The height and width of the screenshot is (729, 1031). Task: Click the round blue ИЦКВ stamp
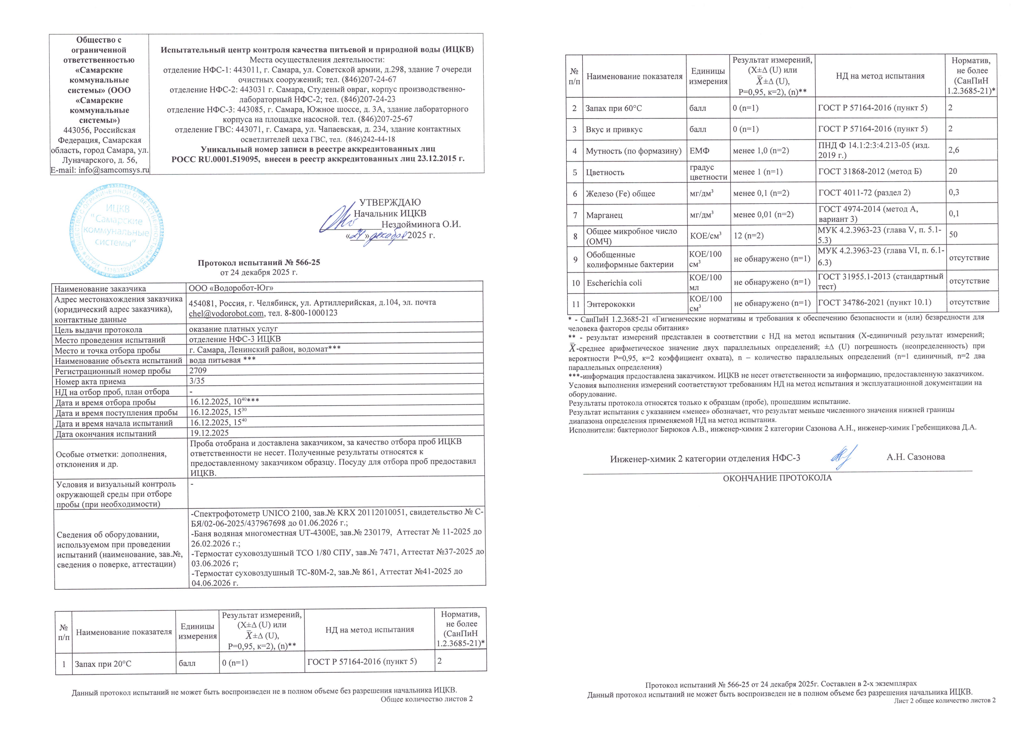click(117, 230)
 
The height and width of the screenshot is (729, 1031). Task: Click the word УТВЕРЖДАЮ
click(390, 203)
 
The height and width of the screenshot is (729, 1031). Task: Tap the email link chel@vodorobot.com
click(226, 313)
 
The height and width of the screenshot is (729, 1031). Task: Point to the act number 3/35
click(197, 381)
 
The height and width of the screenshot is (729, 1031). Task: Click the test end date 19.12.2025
click(209, 433)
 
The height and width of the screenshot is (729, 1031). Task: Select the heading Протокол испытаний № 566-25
click(259, 262)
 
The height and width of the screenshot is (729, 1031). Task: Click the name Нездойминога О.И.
click(421, 224)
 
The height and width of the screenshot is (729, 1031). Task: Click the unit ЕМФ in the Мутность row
click(699, 151)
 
